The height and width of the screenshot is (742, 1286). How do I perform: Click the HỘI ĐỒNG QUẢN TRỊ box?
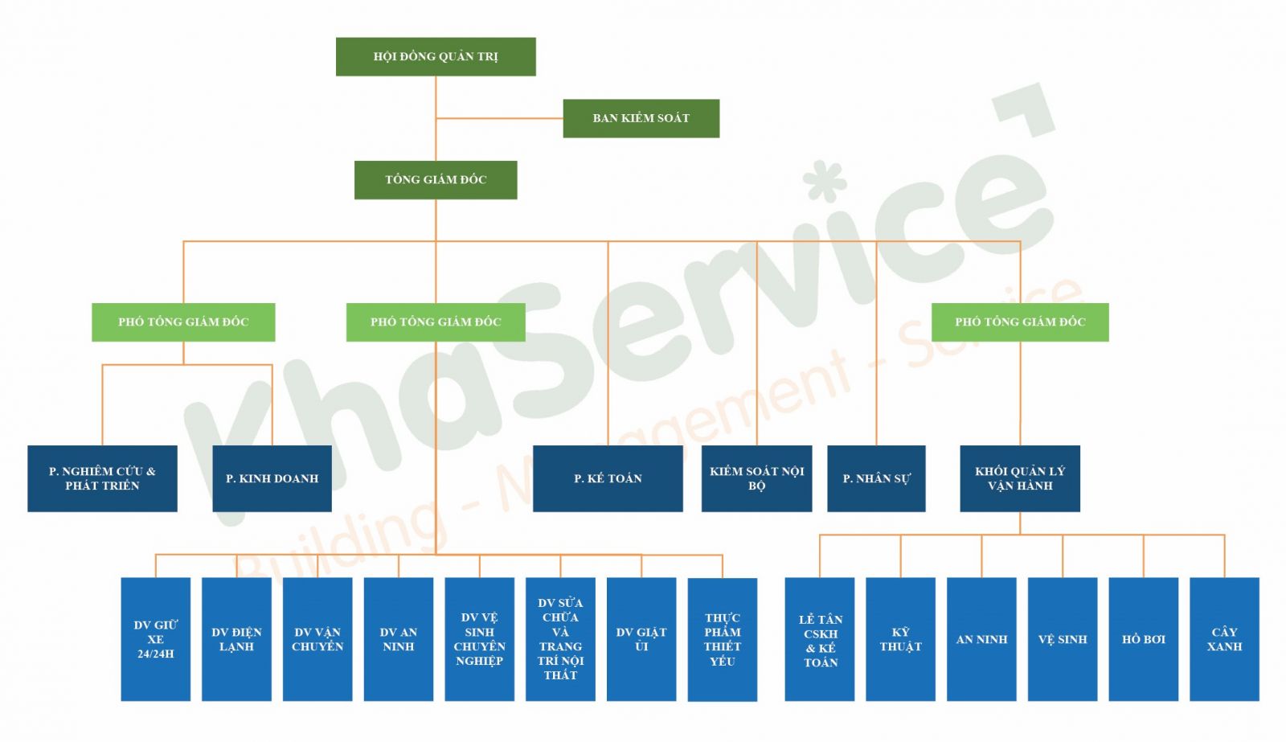point(436,56)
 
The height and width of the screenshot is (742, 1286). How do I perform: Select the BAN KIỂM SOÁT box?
point(641,118)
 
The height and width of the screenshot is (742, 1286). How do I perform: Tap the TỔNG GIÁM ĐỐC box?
point(436,179)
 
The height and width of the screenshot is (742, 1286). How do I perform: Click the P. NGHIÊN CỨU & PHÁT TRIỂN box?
point(102,478)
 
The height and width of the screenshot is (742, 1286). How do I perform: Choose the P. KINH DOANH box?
point(272,478)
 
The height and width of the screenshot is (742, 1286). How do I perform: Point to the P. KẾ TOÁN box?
point(608,478)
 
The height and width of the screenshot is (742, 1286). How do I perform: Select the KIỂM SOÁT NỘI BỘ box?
point(756,478)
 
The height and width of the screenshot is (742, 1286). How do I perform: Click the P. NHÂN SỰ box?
point(876,478)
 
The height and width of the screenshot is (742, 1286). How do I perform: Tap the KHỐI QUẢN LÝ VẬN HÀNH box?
point(1020,478)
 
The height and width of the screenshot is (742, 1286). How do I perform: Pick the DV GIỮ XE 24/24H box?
point(156,639)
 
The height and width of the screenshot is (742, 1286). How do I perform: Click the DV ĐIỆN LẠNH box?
point(236,639)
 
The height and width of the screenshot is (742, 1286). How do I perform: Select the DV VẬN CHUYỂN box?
point(317,639)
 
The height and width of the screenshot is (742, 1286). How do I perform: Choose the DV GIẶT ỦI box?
point(641,639)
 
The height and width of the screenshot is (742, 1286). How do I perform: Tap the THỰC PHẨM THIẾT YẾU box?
point(723,639)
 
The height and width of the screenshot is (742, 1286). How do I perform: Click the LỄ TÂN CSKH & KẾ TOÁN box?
point(820,639)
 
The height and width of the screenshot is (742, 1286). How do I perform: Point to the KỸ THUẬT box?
point(900,639)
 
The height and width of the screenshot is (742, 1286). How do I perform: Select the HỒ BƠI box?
point(1143,639)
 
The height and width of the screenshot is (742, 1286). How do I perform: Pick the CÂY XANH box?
point(1224,639)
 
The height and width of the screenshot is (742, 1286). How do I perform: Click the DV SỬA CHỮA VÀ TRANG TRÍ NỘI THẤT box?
point(560,639)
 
